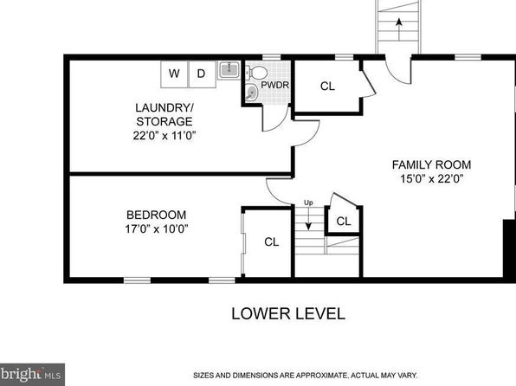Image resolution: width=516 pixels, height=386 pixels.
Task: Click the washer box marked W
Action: pos(174,74)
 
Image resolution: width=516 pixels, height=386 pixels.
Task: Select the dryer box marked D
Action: pos(202,74)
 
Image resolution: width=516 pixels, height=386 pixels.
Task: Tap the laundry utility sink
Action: pos(229,69)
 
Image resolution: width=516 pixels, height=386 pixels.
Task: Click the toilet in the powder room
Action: pos(256,72)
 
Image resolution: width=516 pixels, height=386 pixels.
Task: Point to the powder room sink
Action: pos(252,93)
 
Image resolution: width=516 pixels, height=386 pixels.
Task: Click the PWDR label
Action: pos(274,85)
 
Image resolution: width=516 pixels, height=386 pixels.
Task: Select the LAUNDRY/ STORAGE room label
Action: pos(164,114)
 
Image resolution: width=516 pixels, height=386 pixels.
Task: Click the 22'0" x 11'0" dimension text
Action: pos(164,136)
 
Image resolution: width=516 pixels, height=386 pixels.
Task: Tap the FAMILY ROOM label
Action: pos(431,164)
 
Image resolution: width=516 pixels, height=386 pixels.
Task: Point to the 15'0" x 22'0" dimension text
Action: pos(432,178)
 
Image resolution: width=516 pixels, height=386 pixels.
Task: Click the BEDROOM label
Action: pos(157,215)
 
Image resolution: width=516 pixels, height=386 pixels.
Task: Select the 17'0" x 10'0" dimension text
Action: pos(157,228)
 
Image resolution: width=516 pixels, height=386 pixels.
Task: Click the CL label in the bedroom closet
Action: pos(272,242)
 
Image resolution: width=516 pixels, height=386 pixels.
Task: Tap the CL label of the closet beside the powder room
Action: pos(327,87)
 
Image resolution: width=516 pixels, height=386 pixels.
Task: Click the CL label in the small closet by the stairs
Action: pos(344,222)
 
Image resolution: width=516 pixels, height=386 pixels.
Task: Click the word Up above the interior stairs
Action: pos(308,203)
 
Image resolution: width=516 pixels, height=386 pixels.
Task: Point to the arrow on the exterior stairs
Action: pos(399,29)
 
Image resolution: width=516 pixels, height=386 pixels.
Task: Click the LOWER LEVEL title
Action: pos(288,313)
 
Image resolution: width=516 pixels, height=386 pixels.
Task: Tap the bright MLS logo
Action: pos(32,375)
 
